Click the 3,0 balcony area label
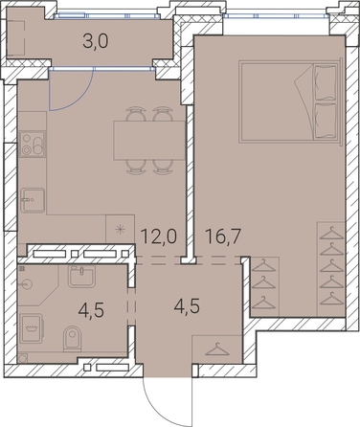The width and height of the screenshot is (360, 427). (x=96, y=41)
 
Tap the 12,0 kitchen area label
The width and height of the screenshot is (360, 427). (x=159, y=236)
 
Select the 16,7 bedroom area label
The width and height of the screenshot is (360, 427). (x=223, y=236)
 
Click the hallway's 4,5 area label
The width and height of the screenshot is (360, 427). (x=187, y=305)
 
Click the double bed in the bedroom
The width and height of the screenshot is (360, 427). (x=289, y=101)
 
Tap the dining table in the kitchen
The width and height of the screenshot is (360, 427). (x=149, y=141)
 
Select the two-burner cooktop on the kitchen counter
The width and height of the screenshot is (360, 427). (x=33, y=145)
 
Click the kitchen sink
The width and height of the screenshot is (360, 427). (x=33, y=200)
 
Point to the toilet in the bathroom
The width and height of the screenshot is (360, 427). (x=73, y=338)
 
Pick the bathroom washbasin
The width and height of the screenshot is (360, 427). (x=81, y=276)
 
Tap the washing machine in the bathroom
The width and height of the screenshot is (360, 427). (x=32, y=328)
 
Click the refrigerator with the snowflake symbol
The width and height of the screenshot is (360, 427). (x=120, y=229)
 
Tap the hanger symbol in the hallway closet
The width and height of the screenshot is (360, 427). (x=217, y=350)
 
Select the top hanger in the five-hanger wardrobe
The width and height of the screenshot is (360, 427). (x=332, y=233)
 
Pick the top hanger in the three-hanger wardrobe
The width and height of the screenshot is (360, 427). (x=263, y=265)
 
